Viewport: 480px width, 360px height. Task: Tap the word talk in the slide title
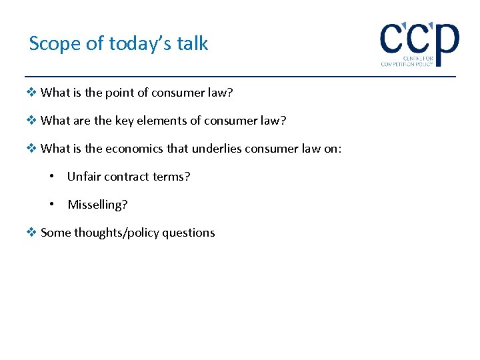[194, 44]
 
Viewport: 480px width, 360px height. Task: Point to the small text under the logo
[407, 61]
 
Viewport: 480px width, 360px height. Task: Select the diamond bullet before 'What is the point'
[33, 93]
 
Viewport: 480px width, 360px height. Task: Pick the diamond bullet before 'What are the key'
[33, 121]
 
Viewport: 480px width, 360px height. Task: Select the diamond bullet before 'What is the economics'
[33, 149]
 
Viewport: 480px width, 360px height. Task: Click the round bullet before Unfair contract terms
[52, 177]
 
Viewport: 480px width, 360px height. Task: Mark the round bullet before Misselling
[52, 205]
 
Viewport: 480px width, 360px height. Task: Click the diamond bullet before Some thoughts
[33, 233]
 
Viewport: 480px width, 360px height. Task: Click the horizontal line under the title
[240, 77]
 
